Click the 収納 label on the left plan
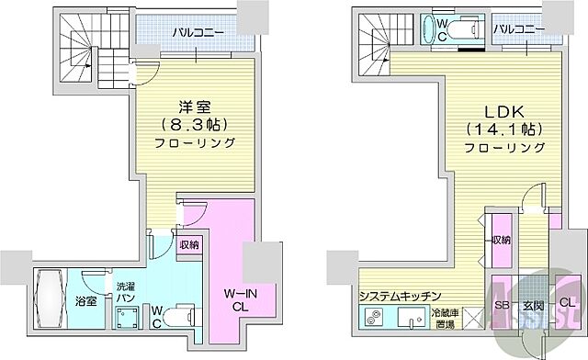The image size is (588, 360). [189, 244]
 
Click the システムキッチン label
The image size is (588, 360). [401, 295]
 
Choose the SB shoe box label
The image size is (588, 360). [502, 303]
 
